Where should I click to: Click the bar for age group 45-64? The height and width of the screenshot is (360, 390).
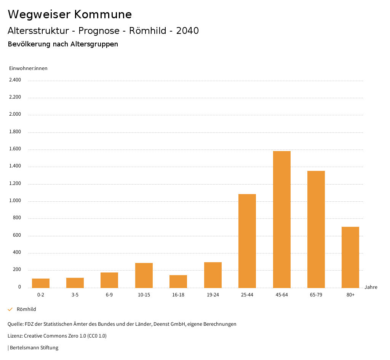[281, 219]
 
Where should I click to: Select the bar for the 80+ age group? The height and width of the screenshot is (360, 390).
[350, 257]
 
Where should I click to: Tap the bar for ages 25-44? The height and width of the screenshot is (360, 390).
[247, 241]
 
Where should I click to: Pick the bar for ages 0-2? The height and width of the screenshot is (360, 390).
[41, 283]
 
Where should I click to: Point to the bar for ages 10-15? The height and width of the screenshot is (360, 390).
[144, 275]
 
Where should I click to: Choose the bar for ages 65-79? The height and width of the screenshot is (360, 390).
[316, 229]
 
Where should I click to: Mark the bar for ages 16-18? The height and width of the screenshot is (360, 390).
[178, 281]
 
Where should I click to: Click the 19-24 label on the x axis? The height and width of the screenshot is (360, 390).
[213, 295]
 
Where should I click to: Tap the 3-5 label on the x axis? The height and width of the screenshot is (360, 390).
[75, 295]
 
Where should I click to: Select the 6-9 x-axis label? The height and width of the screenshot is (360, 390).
[109, 295]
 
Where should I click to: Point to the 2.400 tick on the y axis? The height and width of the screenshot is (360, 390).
[15, 80]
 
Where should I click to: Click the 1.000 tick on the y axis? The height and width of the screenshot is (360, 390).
[15, 201]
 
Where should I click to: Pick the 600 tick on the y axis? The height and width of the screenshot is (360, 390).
[17, 236]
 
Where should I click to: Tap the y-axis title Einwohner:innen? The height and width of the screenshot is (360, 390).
[28, 68]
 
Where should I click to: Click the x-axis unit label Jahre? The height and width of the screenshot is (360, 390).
[371, 287]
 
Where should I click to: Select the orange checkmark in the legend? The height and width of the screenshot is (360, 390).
[10, 309]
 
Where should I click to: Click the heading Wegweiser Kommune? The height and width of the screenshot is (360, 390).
[70, 14]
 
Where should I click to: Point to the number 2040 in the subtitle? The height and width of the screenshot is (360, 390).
[187, 31]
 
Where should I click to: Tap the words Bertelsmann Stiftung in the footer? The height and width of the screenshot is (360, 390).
[34, 348]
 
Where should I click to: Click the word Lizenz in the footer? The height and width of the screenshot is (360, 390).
[14, 336]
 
